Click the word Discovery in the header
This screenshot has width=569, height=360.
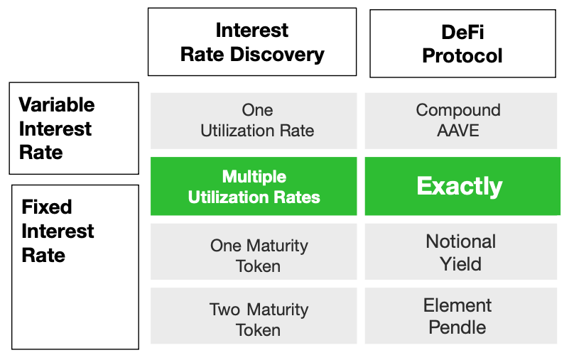277,55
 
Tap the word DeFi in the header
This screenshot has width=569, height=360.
462,32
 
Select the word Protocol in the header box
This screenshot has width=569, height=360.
462,56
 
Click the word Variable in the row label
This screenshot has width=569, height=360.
57,105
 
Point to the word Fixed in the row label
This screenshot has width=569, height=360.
47,207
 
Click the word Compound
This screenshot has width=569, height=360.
458,110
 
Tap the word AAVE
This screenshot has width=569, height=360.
458,131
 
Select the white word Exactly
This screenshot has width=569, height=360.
460,187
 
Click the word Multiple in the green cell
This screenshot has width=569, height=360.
254,177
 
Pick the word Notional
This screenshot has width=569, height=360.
461,241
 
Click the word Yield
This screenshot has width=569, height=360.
460,264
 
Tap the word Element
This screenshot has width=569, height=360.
457,305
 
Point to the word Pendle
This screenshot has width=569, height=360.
457,327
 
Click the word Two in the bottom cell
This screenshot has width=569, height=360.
224,310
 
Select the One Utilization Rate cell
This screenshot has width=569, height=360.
254,121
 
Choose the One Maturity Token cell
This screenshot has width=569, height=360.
254,251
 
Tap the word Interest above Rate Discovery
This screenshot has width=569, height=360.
252,30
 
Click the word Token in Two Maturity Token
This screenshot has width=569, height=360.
258,330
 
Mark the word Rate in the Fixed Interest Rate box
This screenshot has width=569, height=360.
43,255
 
